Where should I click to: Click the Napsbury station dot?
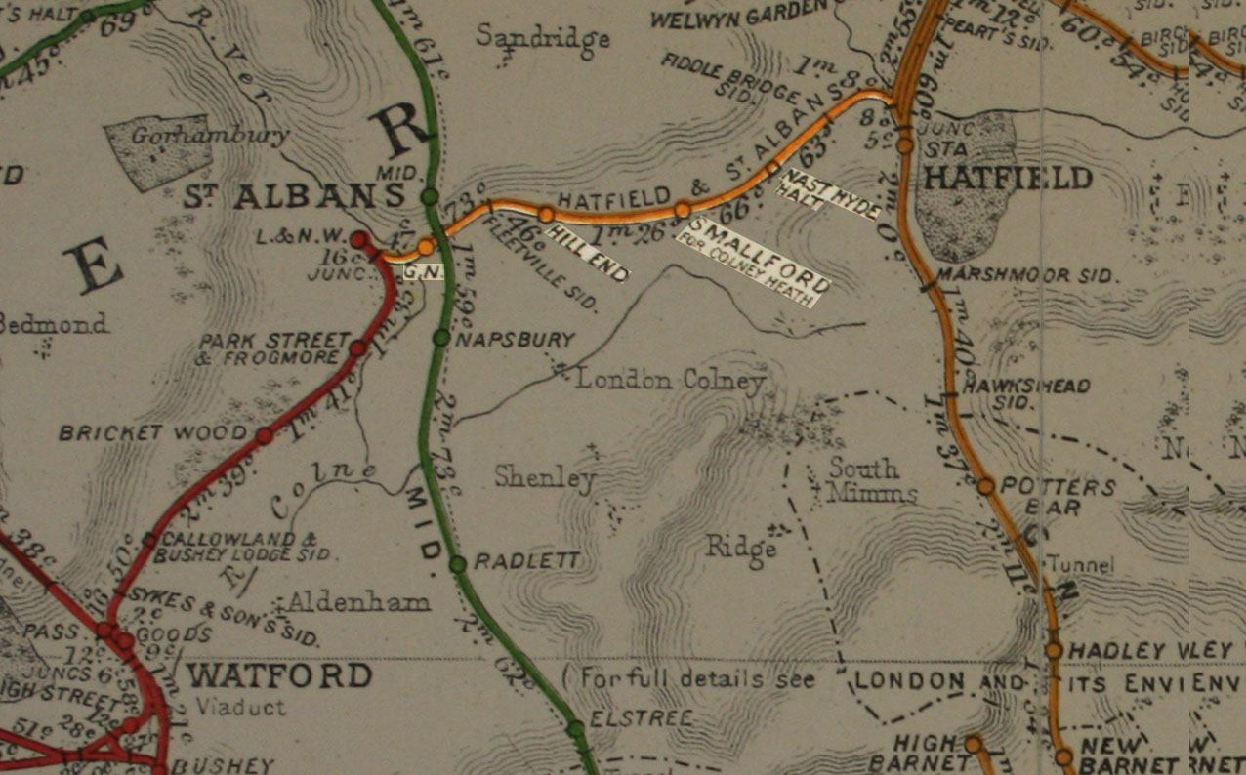pos(441,338)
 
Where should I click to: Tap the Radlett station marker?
pos(457,564)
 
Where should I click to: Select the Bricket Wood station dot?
pos(264,435)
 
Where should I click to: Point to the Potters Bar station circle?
pos(985,485)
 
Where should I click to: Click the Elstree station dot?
pos(575,728)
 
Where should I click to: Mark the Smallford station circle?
pos(683,209)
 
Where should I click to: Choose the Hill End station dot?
pos(546,214)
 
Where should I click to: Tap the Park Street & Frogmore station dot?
pos(357,347)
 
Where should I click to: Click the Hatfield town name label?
pos(1008,178)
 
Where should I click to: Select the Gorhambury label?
pos(211,137)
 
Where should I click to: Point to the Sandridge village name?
pos(543,38)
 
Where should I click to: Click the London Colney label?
pos(669,379)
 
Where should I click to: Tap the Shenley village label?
pos(544,477)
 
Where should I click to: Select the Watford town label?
pos(279,675)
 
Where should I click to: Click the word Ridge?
pos(741,549)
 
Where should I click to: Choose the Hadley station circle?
pos(1054,649)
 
